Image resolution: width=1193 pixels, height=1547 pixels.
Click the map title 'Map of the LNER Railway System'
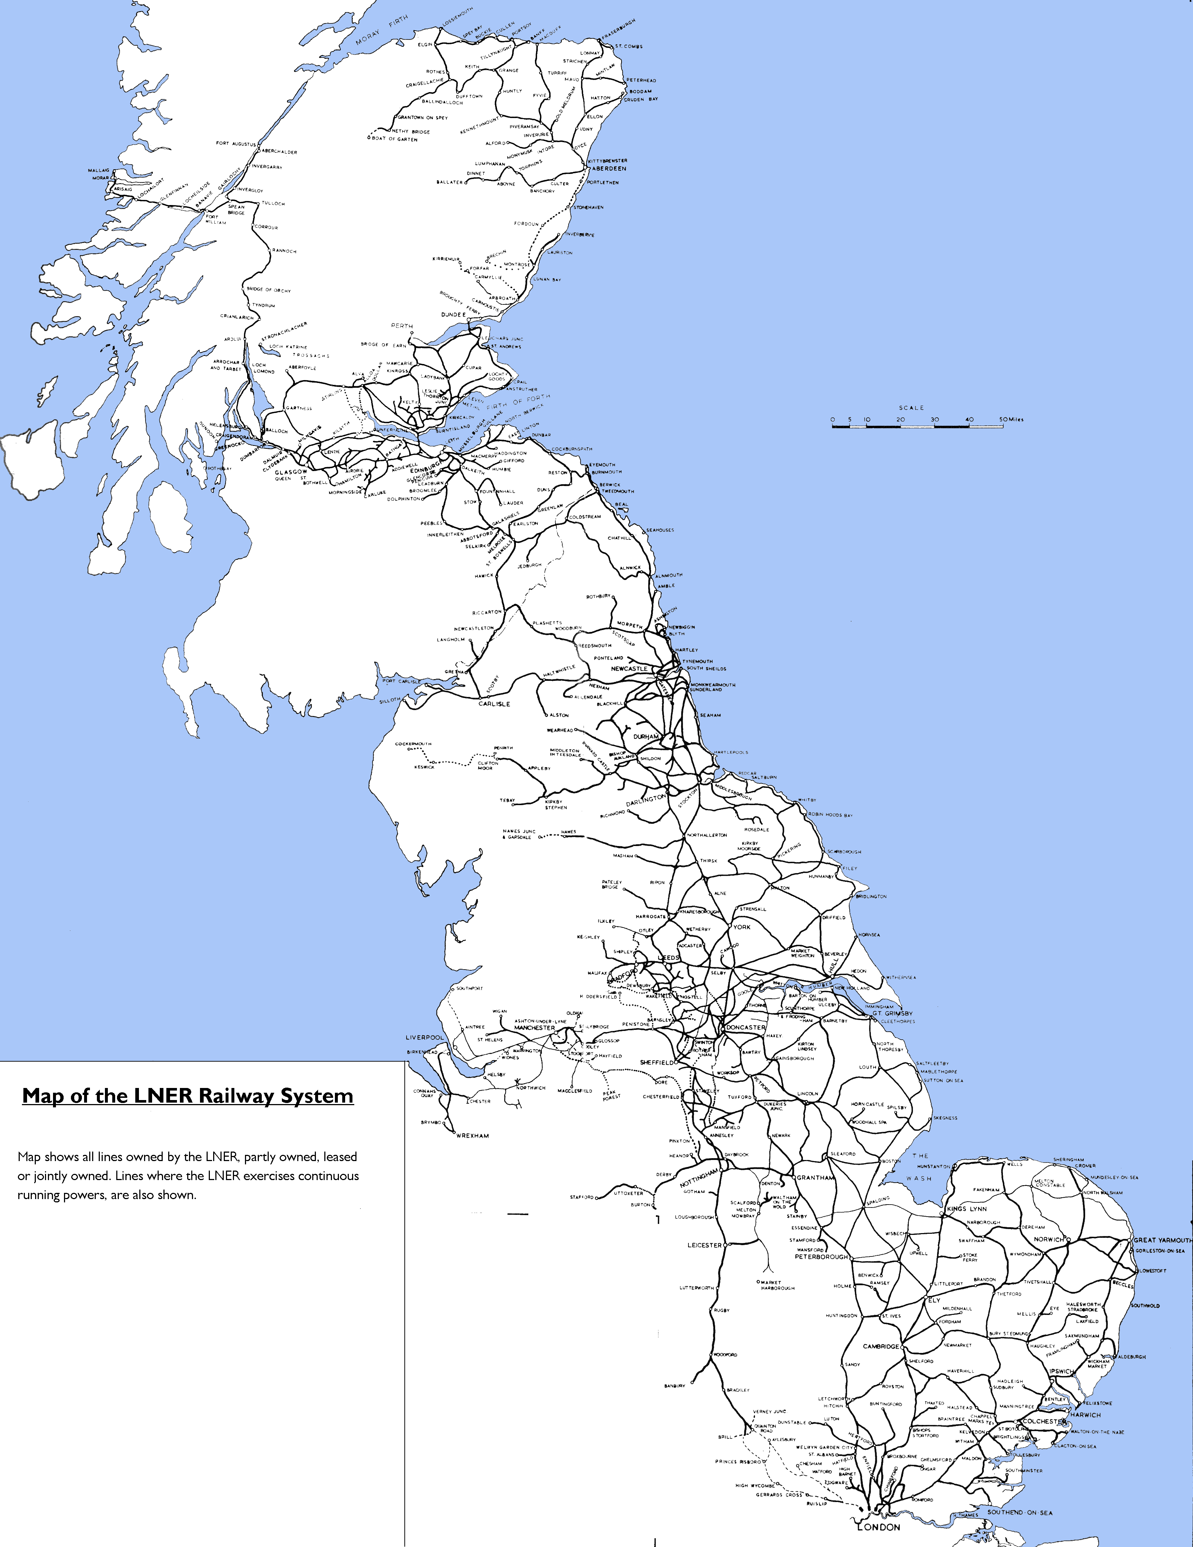point(188,1096)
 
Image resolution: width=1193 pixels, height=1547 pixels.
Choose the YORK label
point(742,926)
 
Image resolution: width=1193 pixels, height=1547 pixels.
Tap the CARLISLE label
point(494,704)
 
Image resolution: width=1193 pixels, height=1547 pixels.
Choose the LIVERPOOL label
point(424,1038)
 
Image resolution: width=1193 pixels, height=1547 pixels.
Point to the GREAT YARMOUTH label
point(1163,1240)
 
